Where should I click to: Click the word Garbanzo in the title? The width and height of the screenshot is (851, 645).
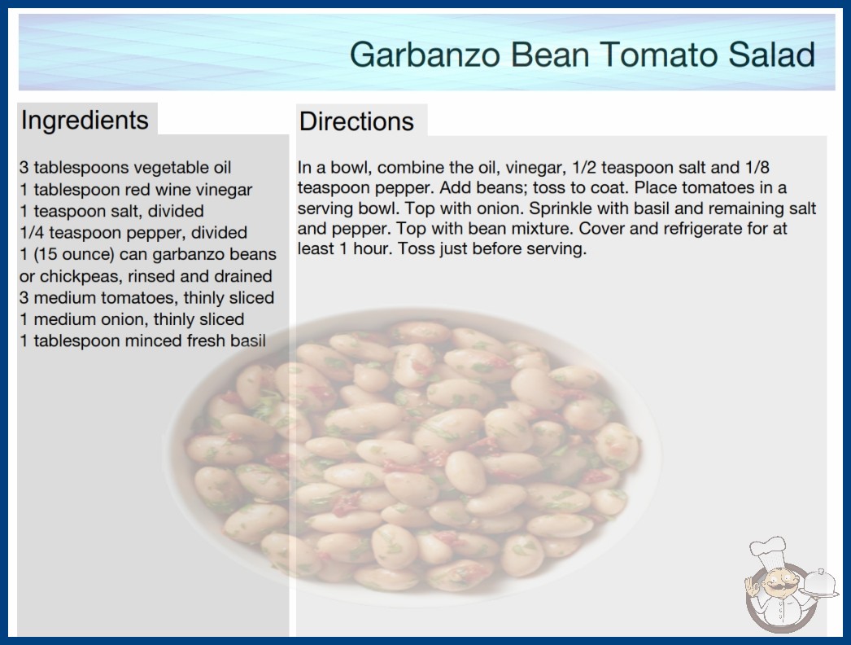click(x=425, y=55)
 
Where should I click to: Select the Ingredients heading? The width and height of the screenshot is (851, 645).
click(x=85, y=121)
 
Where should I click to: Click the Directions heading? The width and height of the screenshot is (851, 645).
click(x=356, y=121)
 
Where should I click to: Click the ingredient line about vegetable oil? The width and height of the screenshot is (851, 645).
click(x=125, y=168)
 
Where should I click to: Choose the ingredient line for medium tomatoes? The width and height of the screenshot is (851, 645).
click(x=147, y=298)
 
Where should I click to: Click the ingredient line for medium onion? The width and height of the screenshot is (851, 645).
click(x=132, y=319)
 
